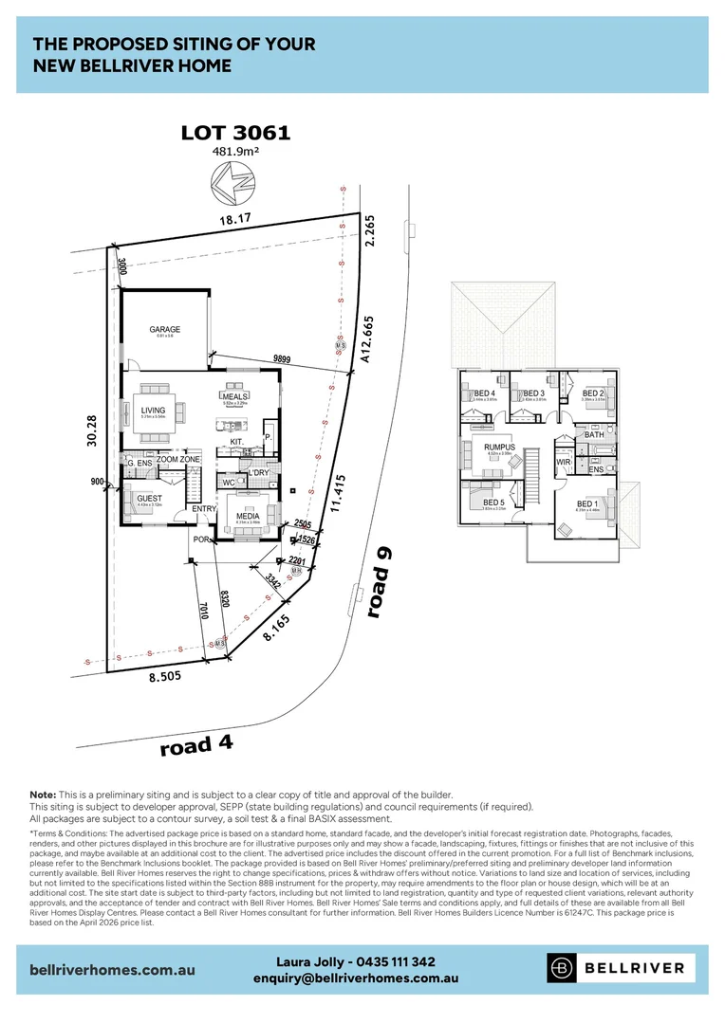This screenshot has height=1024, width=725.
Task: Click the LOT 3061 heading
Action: pos(235,134)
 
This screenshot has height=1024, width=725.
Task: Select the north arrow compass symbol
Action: pos(232,180)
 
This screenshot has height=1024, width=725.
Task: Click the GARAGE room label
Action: pos(164,330)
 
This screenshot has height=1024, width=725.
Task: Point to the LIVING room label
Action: pos(153,411)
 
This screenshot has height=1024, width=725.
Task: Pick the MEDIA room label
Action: pos(248,517)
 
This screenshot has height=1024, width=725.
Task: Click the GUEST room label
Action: pos(149,498)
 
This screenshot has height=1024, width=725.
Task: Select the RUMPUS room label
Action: pos(499,447)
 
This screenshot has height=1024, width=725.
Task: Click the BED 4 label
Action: pos(485,393)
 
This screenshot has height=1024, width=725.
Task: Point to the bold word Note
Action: pos(42,794)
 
